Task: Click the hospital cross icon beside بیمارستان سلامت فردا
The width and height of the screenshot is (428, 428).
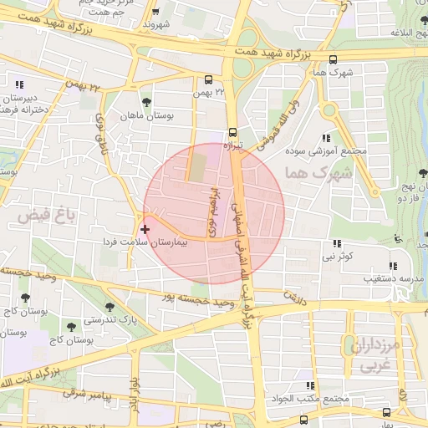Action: (x=145, y=228)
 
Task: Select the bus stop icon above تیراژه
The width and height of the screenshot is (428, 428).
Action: (x=232, y=131)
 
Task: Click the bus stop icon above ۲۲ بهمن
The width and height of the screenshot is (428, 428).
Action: (x=208, y=80)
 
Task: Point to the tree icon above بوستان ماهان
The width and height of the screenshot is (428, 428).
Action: (x=147, y=102)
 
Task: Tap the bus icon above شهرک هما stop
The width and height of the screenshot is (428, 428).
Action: (x=334, y=59)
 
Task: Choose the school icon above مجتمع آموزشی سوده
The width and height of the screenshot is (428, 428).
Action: (x=326, y=138)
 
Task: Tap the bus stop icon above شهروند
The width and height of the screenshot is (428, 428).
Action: (x=156, y=13)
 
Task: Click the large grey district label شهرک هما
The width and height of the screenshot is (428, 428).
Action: (x=315, y=173)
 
